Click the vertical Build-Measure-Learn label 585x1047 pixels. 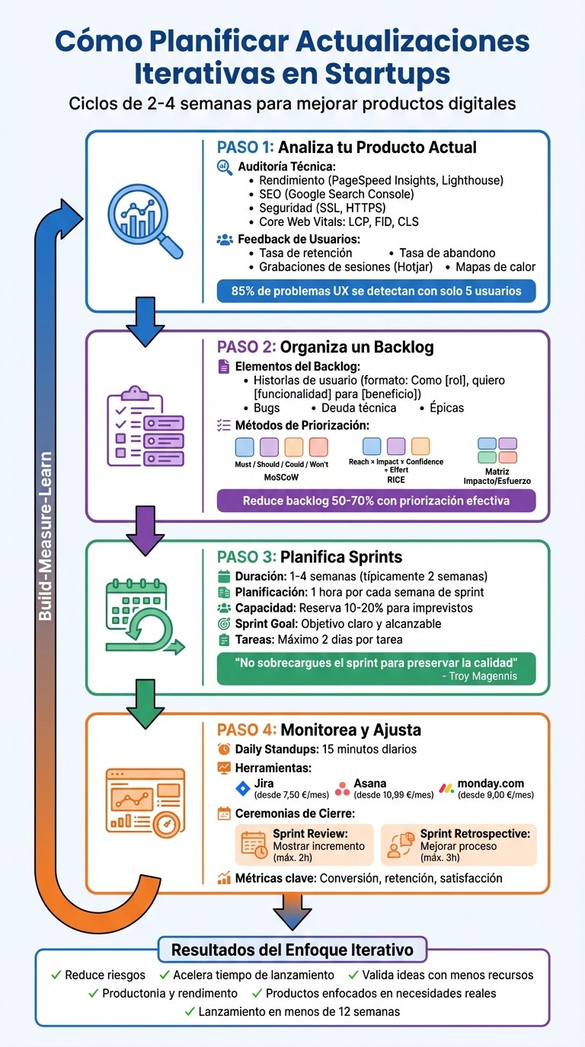click(46, 536)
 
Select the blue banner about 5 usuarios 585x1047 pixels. click(376, 291)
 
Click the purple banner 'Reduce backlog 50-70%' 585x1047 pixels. click(376, 501)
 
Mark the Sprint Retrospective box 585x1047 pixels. click(459, 845)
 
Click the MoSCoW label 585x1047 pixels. click(281, 478)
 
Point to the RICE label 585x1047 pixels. click(395, 479)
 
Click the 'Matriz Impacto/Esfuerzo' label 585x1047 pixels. click(497, 476)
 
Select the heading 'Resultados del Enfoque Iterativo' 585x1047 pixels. click(292, 950)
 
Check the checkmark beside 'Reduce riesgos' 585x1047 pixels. click(56, 975)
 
